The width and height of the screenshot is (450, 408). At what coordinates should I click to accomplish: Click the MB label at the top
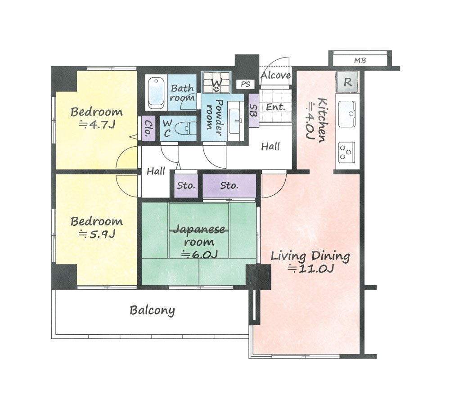pyautogui.click(x=360, y=61)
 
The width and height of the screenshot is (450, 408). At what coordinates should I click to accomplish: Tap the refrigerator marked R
pyautogui.click(x=347, y=82)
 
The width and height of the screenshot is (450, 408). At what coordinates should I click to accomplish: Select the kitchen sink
pyautogui.click(x=348, y=114)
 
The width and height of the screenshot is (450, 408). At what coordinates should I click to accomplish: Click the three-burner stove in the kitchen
pyautogui.click(x=346, y=152)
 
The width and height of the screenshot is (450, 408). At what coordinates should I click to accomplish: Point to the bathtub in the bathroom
pyautogui.click(x=156, y=92)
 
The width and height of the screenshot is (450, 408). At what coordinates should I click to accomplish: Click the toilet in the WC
pyautogui.click(x=185, y=129)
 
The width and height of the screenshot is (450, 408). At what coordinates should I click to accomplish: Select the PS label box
pyautogui.click(x=245, y=85)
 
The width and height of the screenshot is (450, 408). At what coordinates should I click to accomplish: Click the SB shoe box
pyautogui.click(x=253, y=111)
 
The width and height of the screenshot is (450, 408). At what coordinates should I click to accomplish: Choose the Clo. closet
pyautogui.click(x=148, y=128)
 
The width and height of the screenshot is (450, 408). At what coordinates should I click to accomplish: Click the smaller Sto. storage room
pyautogui.click(x=186, y=186)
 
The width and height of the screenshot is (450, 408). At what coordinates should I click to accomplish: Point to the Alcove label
pyautogui.click(x=275, y=76)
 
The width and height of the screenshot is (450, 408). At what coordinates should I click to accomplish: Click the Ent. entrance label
pyautogui.click(x=275, y=108)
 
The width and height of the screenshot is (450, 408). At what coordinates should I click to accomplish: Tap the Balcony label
pyautogui.click(x=152, y=310)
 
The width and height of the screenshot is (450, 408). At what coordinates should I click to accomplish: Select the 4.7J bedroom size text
pyautogui.click(x=97, y=125)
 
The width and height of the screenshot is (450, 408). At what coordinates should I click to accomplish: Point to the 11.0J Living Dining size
pyautogui.click(x=311, y=269)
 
